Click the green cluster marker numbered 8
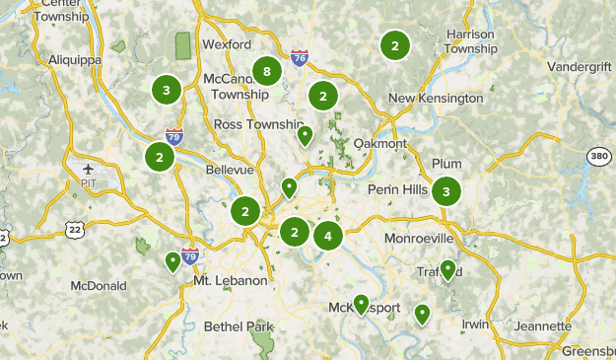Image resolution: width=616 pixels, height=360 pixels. [x=266, y=71]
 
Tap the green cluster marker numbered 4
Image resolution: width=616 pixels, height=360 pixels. [x=328, y=236]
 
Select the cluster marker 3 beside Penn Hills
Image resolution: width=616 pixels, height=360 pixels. [x=446, y=191]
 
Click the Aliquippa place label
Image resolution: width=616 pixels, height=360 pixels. [x=75, y=59]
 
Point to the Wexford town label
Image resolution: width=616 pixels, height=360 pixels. [x=221, y=44]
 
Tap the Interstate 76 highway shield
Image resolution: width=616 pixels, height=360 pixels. [x=300, y=59]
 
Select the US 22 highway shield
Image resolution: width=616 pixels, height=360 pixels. [x=74, y=230]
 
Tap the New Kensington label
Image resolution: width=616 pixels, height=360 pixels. [x=436, y=99]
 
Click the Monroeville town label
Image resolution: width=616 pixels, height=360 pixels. [x=420, y=239]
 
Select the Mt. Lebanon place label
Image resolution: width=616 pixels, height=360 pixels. [x=231, y=281]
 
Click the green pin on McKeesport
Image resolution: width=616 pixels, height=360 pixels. [x=361, y=304]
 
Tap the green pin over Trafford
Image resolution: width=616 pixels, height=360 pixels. [x=448, y=268]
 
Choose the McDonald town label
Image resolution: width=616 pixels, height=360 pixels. [x=99, y=286]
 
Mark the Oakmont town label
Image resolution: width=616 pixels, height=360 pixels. [x=379, y=144]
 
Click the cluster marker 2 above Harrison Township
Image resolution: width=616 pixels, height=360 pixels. [x=394, y=45]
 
